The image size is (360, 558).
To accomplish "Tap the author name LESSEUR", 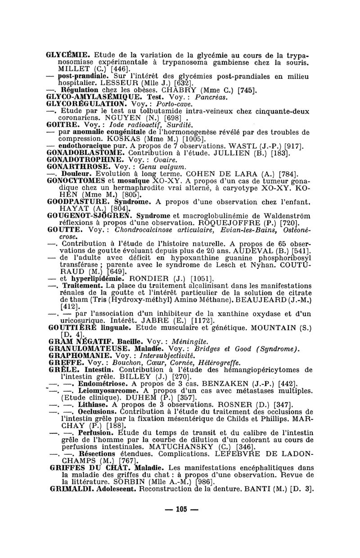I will tap(124, 83).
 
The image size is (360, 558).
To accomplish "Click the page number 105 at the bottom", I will tap(181, 509).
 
